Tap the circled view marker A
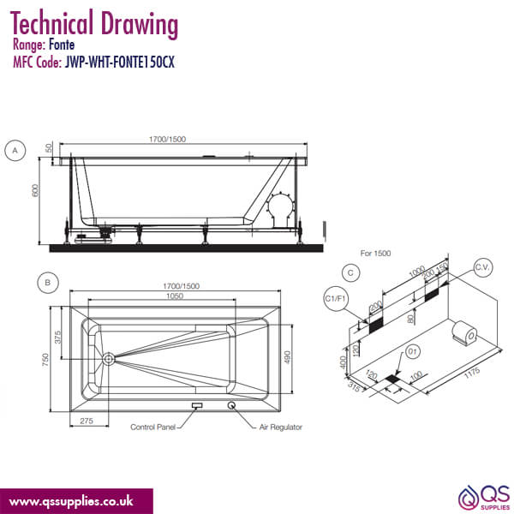[x=15, y=151]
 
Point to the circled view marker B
[x=48, y=282]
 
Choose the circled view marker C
[x=350, y=272]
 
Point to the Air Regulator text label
[x=277, y=426]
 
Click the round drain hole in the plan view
[x=109, y=359]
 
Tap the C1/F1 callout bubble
[x=335, y=297]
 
